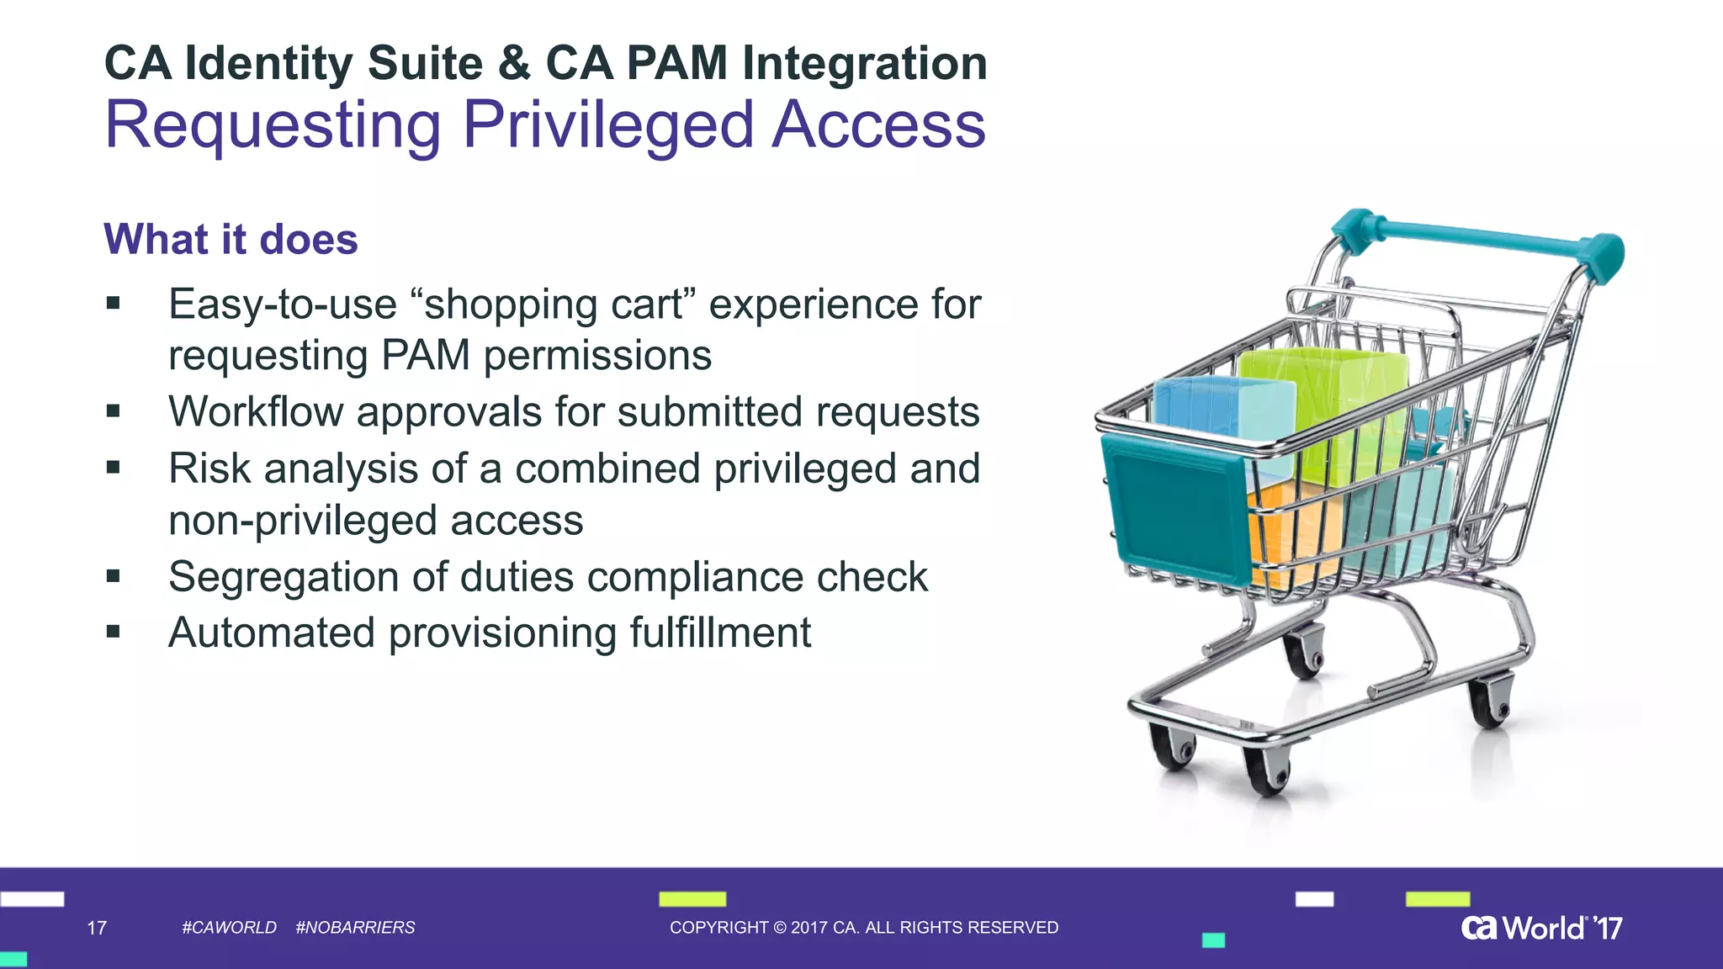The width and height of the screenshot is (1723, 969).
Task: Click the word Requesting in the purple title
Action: [273, 126]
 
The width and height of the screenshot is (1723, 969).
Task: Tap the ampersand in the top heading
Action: [514, 64]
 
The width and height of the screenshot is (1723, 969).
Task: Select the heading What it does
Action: [231, 240]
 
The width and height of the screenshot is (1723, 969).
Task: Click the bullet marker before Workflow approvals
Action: [114, 411]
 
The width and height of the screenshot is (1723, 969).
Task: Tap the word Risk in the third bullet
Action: [209, 469]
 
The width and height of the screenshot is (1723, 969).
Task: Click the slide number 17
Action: [97, 928]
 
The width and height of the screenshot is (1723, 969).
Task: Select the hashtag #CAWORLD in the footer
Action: [229, 928]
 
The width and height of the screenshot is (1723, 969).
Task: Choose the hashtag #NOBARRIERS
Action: [355, 928]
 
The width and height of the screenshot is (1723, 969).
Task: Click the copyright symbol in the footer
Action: [778, 928]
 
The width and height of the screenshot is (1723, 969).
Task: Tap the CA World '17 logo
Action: [1541, 928]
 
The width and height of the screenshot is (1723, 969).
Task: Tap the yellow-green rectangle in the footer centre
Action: [692, 899]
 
